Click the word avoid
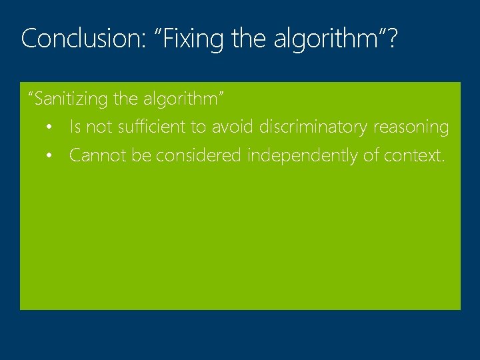233,127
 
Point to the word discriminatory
314,127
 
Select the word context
413,156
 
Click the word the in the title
249,39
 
